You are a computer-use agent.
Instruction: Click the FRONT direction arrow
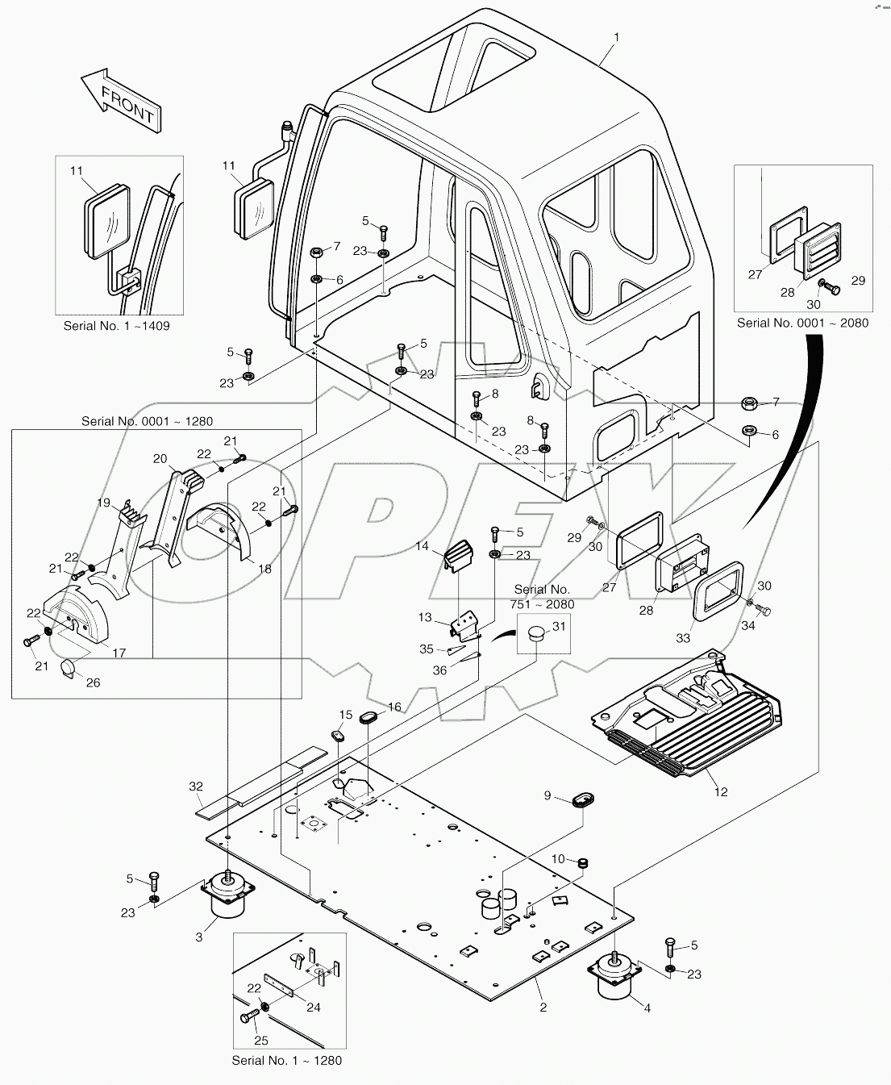[121, 100]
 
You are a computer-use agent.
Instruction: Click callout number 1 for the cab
[616, 37]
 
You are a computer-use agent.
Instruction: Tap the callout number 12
[721, 791]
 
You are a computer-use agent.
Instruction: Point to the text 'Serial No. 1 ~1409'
[117, 327]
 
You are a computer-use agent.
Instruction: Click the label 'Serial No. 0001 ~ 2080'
[802, 323]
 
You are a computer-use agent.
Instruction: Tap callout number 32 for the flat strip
[197, 786]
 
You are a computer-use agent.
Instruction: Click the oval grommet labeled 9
[581, 801]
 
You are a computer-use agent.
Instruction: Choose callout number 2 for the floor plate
[543, 1007]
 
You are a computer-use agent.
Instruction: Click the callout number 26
[93, 682]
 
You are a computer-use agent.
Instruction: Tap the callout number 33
[683, 638]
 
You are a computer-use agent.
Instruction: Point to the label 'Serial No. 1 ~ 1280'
[286, 1060]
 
